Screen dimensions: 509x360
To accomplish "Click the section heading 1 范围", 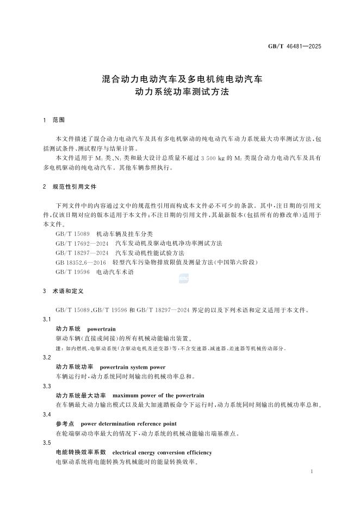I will point(54,119).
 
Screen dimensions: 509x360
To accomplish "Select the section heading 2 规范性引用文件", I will point(70,187).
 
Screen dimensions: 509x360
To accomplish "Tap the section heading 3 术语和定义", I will point(64,291).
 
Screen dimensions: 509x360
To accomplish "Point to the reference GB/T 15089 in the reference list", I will point(72,233).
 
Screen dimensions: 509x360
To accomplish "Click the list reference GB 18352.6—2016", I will point(82,263).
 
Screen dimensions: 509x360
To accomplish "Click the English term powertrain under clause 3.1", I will point(102,330).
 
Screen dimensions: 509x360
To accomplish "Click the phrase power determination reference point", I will point(128,424).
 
